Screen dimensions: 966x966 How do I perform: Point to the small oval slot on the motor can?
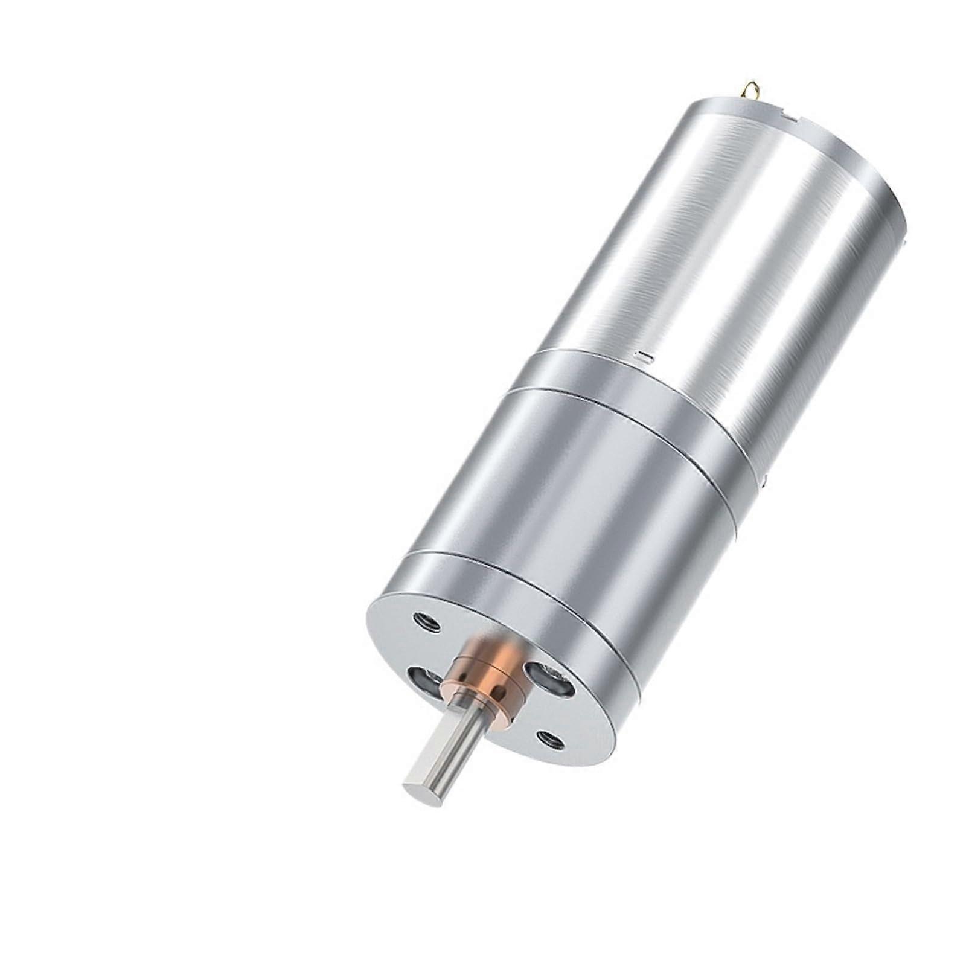(645, 357)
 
